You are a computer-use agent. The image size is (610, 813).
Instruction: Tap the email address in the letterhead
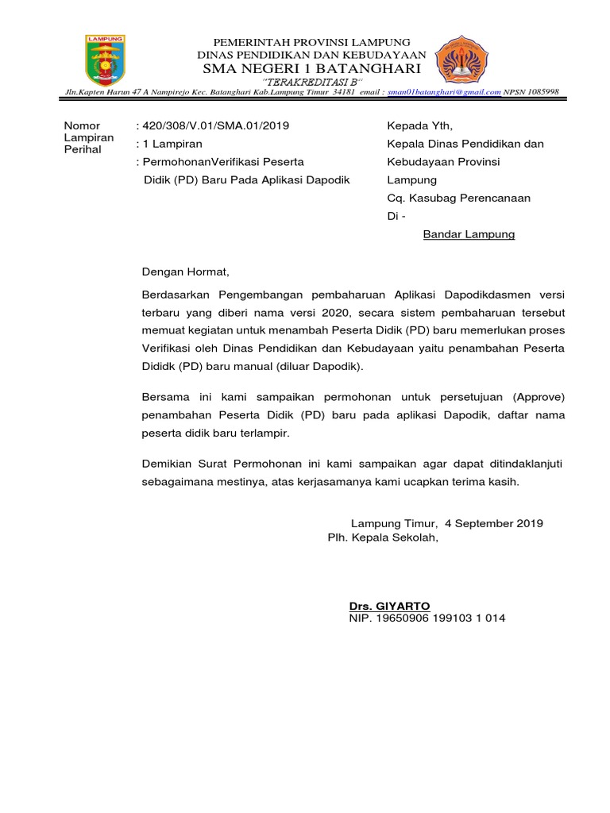(x=444, y=92)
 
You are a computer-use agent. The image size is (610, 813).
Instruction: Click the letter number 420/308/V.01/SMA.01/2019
(x=215, y=125)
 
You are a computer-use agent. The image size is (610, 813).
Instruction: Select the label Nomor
(x=80, y=125)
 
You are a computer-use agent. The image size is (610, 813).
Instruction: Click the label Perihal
(x=83, y=149)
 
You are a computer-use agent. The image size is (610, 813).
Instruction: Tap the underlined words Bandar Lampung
(x=469, y=234)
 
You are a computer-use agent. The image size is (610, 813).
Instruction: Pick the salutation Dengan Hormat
(x=184, y=272)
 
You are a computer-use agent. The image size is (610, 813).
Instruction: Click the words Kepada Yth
(x=419, y=125)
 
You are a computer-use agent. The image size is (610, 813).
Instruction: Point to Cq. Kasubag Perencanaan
(x=458, y=198)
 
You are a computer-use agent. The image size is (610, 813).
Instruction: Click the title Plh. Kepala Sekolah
(x=383, y=537)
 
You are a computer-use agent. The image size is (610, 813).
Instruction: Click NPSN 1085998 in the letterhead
(x=531, y=92)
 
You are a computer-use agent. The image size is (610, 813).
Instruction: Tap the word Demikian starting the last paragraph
(x=165, y=463)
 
